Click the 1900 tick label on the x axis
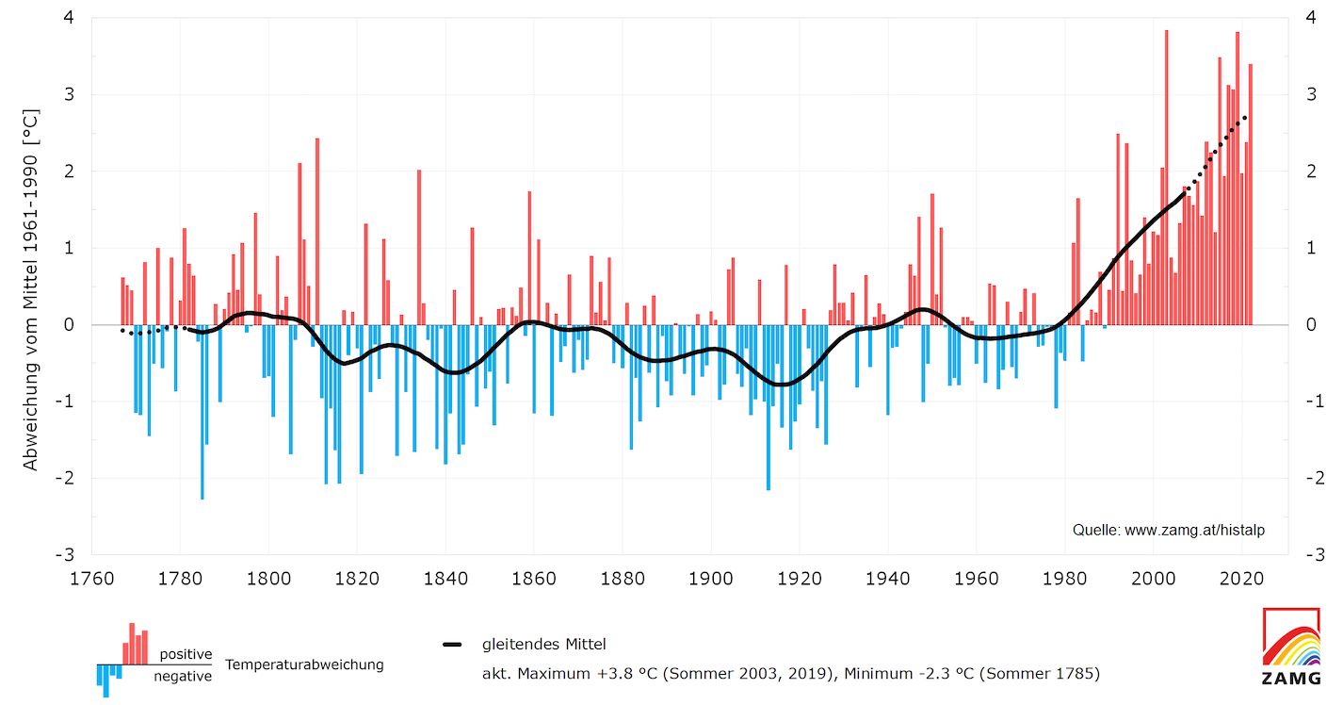coord(711,578)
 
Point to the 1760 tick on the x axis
coord(91,578)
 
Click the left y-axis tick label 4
coord(70,18)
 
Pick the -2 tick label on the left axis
coord(67,478)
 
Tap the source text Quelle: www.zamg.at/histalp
coord(1168,531)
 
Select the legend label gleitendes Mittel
coord(543,645)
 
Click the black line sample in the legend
coord(453,645)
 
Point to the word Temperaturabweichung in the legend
coord(304,664)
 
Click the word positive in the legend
coord(186,654)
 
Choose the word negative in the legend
coord(183,676)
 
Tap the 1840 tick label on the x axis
coord(445,578)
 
